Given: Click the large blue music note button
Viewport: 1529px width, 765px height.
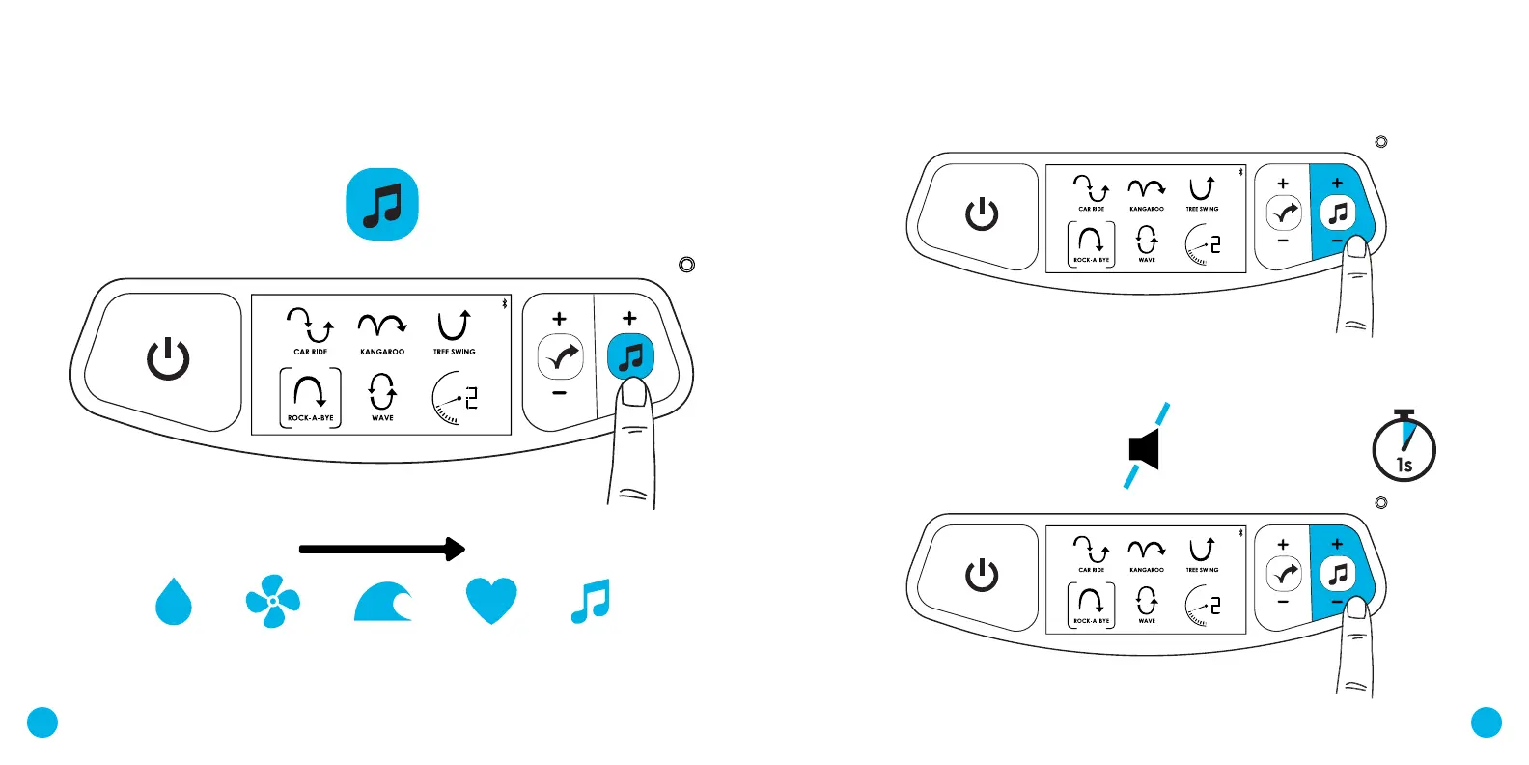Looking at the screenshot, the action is point(382,205).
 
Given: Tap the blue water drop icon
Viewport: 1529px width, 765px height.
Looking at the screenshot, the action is point(174,602).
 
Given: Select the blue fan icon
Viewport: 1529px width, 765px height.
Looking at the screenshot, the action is point(273,601).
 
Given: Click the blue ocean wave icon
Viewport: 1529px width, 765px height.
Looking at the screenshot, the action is point(383,601).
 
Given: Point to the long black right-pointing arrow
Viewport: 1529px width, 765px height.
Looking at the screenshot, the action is point(382,550).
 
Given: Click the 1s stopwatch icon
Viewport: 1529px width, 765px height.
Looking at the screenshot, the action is point(1404,446).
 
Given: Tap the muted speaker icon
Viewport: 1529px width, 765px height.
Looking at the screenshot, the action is point(1146,446).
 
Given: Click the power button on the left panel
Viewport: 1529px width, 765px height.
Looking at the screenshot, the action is point(168,359).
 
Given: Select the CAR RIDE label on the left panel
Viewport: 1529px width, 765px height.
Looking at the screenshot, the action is point(311,352).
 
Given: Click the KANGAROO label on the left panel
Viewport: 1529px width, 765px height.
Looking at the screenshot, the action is point(382,352).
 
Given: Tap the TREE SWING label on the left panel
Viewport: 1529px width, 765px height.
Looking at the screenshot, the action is point(455,352).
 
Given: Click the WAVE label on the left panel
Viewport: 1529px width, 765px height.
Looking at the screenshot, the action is point(382,418).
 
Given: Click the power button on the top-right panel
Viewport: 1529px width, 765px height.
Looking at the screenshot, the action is point(982,213).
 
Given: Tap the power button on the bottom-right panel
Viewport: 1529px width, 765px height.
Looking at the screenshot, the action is point(982,575).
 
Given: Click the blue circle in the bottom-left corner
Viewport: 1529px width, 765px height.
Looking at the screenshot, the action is point(42,722).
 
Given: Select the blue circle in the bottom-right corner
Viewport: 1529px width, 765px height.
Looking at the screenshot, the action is point(1487,722).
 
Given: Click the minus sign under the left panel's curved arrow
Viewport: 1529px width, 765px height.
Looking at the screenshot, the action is point(559,394).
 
